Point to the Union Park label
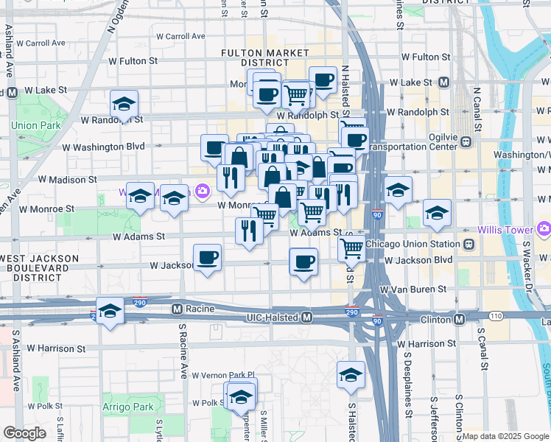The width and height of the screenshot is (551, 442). [36, 125]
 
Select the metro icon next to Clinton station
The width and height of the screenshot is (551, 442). [459, 319]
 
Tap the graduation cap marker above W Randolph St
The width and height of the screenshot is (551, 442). [124, 103]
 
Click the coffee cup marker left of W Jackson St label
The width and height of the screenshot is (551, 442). [207, 258]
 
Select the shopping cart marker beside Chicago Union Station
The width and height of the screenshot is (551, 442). [352, 248]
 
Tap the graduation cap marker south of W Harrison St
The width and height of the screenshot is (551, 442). [351, 374]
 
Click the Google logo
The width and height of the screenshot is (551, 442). [24, 432]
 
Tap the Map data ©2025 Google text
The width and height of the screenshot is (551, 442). [505, 436]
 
